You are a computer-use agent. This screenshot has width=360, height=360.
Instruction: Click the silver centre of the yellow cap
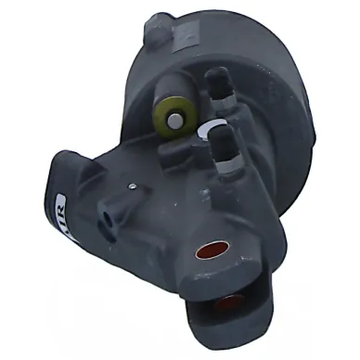coord(172,119)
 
